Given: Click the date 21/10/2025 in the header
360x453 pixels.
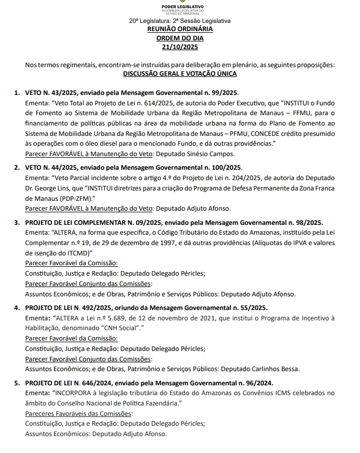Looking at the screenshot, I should pos(180,47).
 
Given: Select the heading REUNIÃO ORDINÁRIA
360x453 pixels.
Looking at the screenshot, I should pos(180,29).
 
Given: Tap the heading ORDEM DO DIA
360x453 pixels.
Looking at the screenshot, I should pos(180,38).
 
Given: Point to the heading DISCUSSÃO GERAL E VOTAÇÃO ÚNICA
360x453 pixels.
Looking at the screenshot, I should pos(180,74).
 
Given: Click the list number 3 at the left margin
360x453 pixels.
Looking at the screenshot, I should pos(17,223).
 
